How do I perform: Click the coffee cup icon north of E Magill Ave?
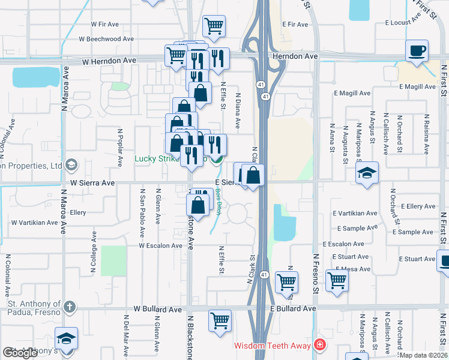tap(416, 50)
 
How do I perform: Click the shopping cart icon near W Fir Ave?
tap(214, 26)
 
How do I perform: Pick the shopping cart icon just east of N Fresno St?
tap(337, 279)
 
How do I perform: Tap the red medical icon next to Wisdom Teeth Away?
tap(320, 345)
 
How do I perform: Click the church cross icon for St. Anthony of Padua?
tap(70, 308)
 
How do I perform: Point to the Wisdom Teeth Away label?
tap(273, 346)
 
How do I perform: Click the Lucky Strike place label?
tap(157, 159)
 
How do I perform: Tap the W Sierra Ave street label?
tap(92, 182)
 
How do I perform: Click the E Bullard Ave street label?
tap(293, 308)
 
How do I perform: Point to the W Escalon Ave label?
tap(160, 245)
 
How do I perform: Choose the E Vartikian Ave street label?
tap(355, 214)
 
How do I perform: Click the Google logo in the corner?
tap(20, 353)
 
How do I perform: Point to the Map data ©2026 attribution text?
tap(423, 355)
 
